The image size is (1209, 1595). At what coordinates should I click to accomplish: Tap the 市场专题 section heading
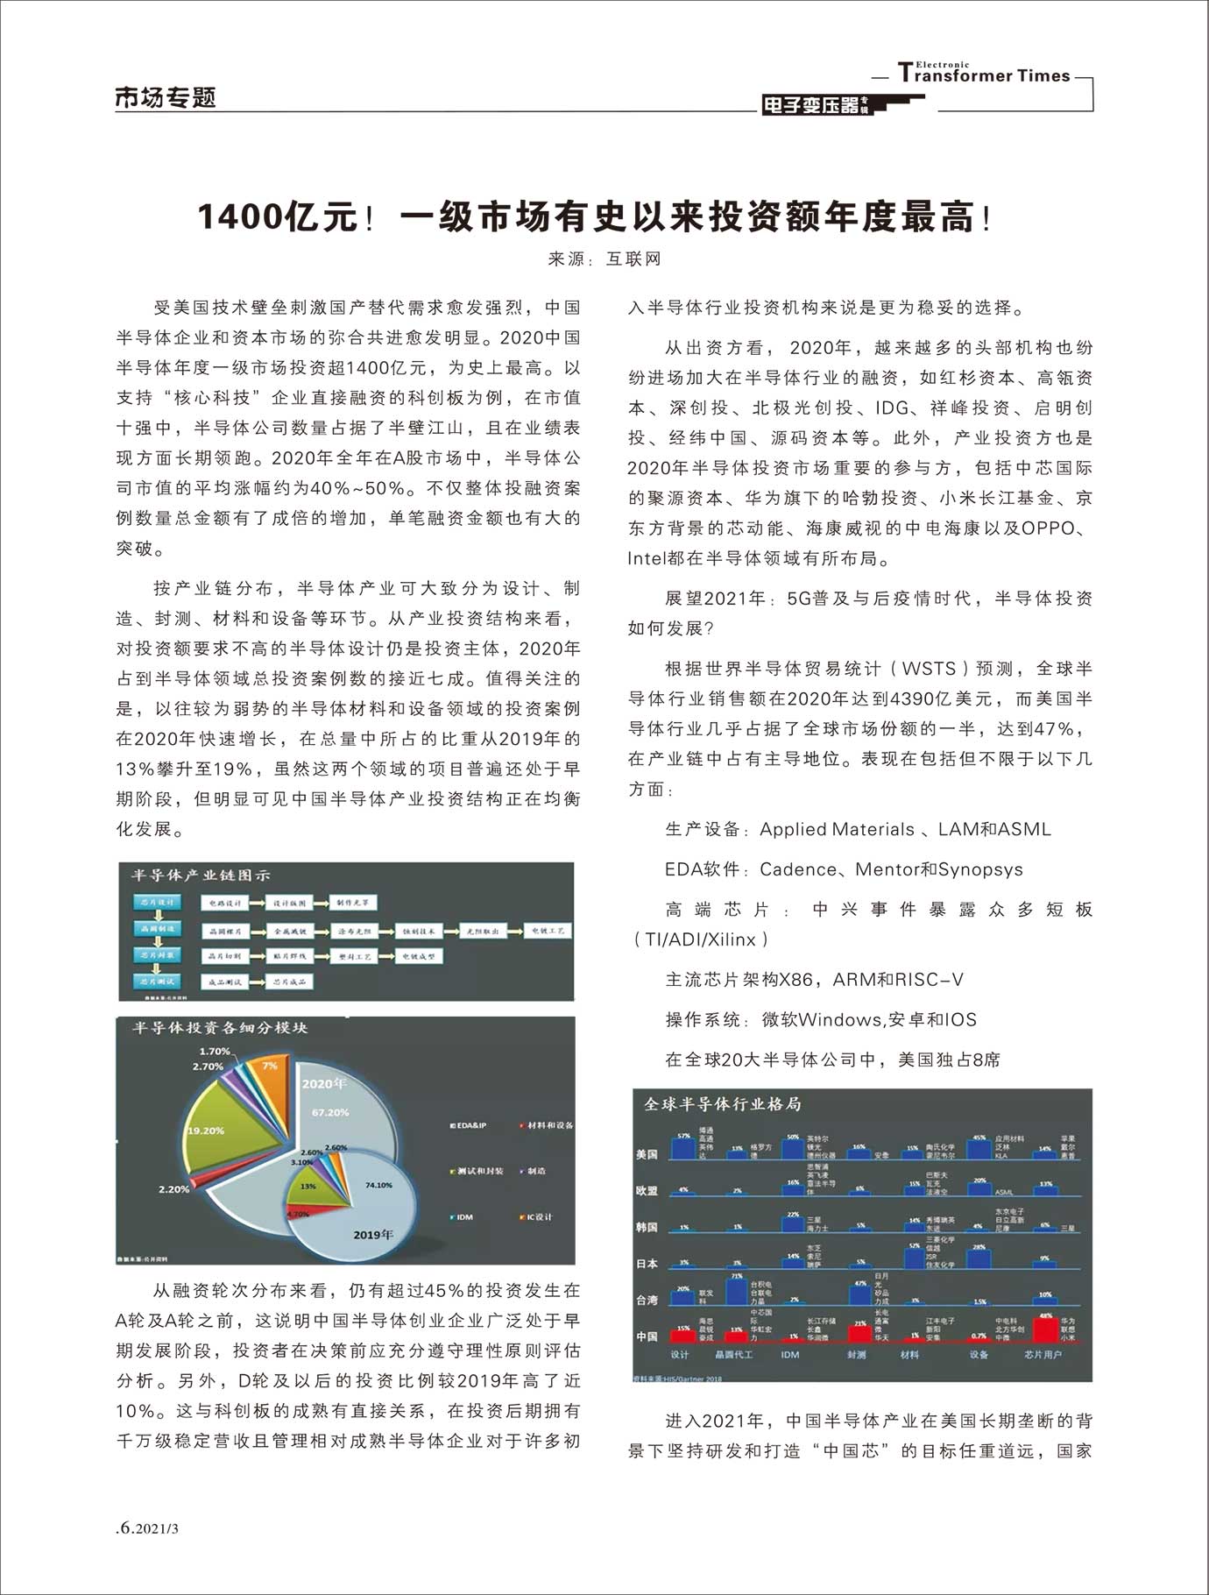point(166,97)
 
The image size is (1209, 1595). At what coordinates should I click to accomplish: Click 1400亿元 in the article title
point(278,216)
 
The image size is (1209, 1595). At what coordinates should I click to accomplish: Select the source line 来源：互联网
point(604,259)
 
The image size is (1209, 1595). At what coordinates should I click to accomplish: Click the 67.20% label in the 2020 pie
point(330,1112)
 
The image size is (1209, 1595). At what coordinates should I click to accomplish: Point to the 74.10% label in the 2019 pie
point(378,1185)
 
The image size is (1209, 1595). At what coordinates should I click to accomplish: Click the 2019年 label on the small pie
point(373,1234)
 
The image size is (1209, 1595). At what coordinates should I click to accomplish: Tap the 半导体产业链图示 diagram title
point(201,875)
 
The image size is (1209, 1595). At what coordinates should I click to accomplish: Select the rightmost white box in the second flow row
point(548,931)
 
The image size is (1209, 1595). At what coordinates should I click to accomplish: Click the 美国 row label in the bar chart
point(647,1154)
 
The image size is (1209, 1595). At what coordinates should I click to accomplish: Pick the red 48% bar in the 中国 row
point(1045,1329)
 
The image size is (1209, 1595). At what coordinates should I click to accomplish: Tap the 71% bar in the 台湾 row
point(736,1291)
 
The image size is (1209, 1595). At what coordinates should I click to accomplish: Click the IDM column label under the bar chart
point(790,1355)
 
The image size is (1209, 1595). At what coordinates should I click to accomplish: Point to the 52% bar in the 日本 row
point(915,1256)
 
